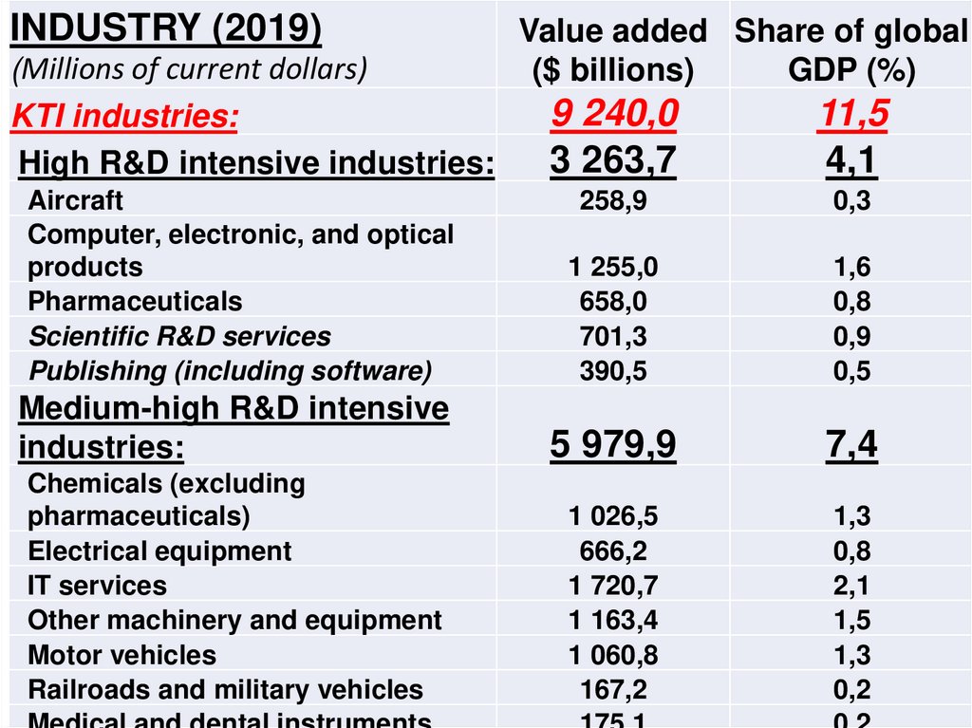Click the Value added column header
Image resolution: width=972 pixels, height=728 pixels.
(613, 50)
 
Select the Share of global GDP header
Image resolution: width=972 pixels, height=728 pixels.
(851, 50)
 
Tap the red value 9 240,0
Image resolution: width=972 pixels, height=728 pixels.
(614, 115)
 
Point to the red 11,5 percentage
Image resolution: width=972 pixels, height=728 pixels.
(851, 115)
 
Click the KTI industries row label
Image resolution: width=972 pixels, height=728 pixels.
(125, 118)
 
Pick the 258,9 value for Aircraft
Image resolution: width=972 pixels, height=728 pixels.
(613, 200)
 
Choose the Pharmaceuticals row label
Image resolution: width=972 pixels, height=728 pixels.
(135, 302)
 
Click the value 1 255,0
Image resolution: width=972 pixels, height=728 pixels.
(613, 268)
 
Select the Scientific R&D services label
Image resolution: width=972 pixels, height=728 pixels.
(179, 336)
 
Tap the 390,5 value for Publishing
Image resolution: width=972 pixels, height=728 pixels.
(613, 371)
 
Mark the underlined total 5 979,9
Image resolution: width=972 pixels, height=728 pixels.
(613, 444)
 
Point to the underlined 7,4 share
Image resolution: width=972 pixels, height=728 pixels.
(851, 444)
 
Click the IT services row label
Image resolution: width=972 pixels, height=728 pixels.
(97, 586)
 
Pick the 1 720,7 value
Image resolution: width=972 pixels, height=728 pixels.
(613, 586)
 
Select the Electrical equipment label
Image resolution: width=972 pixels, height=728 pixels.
(159, 551)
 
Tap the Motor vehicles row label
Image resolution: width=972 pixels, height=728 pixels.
(121, 655)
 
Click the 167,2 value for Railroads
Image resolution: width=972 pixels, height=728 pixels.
(613, 690)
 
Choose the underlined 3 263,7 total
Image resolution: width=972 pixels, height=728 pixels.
(613, 161)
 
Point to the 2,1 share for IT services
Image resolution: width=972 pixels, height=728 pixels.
(851, 586)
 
